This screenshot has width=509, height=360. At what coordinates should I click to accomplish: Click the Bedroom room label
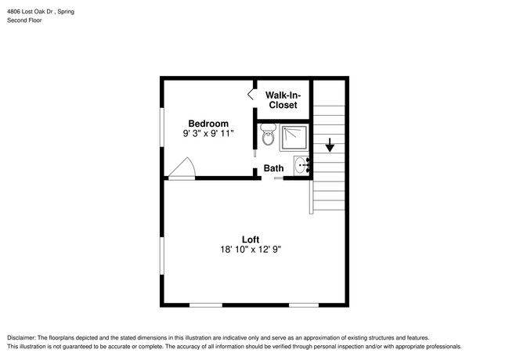(x=208, y=123)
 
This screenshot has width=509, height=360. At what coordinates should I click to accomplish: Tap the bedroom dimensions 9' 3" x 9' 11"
(x=208, y=134)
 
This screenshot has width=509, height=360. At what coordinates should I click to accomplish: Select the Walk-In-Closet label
(x=283, y=99)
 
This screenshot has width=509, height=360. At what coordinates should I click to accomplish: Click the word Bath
(x=273, y=168)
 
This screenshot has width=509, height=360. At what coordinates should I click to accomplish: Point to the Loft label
(x=250, y=239)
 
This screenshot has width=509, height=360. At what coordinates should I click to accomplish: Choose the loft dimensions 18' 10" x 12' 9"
(x=250, y=250)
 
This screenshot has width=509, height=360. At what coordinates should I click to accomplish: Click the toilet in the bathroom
(x=268, y=138)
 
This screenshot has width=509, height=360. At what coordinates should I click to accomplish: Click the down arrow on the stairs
(x=330, y=145)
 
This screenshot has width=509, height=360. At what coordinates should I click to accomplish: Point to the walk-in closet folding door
(x=252, y=94)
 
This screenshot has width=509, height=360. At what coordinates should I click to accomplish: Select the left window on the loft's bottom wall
(x=205, y=304)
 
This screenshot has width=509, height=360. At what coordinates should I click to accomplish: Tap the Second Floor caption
(x=24, y=20)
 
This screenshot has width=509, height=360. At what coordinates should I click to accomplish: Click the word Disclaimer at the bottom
(x=23, y=337)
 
